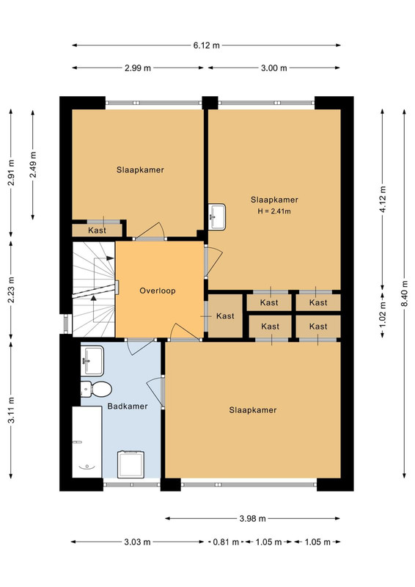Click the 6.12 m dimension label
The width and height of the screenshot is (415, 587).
pos(207,45)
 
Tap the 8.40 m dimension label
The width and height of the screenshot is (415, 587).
pos(405,293)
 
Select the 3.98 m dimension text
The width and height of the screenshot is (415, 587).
pos(252,519)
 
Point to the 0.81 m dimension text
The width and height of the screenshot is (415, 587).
pos(226,542)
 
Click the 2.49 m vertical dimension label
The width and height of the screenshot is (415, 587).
pos(33,165)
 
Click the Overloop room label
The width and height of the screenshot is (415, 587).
pos(158,291)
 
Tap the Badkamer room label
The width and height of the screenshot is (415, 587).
pos(128,406)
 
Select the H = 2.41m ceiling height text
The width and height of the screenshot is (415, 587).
pos(274,211)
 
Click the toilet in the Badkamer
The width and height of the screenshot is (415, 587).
pos(96,390)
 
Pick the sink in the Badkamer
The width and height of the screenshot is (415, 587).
pos(92,361)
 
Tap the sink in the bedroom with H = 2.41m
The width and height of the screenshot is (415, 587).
pos(217,216)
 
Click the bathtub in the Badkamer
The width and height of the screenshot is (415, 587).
pos(87,442)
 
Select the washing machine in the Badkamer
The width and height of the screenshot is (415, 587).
pos(131,464)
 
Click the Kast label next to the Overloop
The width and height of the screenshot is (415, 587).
pos(225,316)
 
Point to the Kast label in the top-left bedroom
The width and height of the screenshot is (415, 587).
pos(98,230)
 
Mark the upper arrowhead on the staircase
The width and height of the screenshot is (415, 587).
pos(110,258)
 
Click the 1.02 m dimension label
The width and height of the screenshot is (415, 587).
pos(383,315)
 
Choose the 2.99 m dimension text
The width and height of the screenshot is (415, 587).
pos(138,68)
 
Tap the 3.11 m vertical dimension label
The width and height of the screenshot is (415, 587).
pos(11,410)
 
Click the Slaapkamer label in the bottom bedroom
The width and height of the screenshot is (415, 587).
pos(253,410)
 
